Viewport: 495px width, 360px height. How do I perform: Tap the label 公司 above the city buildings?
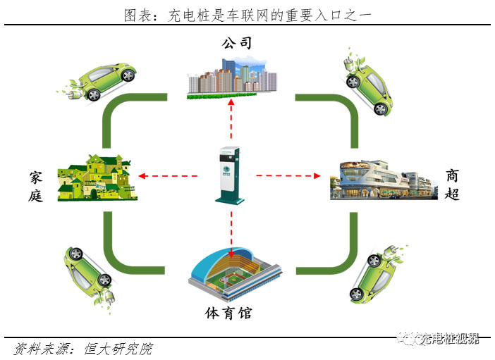click(x=237, y=44)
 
